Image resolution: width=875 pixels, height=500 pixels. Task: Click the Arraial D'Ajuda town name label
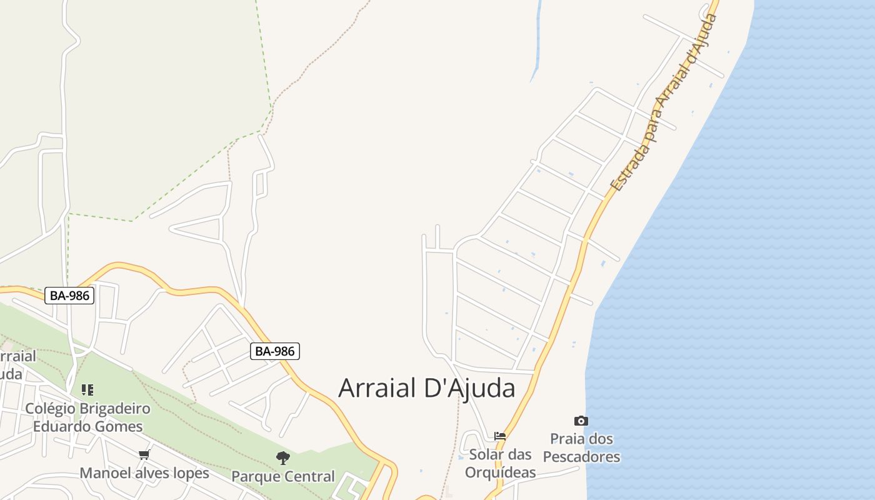[427, 388]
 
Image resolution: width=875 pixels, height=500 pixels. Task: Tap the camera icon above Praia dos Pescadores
[581, 421]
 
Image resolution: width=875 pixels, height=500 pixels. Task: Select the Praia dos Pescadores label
[581, 447]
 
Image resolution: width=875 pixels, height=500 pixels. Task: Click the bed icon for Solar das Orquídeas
[499, 436]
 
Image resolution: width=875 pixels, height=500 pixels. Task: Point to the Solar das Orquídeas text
[500, 463]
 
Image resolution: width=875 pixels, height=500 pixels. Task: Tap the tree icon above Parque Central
[283, 458]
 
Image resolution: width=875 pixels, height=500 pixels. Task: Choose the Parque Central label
[283, 476]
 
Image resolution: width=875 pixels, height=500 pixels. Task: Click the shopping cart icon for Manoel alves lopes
[144, 454]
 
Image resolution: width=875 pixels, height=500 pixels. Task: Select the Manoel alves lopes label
[144, 473]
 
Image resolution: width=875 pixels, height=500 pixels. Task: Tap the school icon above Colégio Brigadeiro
[87, 391]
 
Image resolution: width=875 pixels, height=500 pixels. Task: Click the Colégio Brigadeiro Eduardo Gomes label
[87, 417]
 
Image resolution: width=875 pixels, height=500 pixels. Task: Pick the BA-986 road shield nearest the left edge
[69, 296]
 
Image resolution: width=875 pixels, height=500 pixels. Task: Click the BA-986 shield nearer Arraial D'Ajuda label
[275, 351]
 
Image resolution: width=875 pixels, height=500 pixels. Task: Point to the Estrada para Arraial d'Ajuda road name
[665, 103]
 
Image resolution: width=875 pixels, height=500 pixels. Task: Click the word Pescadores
[581, 457]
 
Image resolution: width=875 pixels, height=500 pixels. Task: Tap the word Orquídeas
[500, 472]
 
